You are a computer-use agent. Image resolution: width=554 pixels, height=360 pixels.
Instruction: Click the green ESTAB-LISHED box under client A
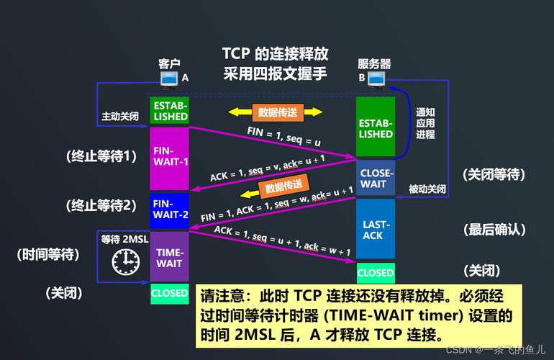(x=170, y=111)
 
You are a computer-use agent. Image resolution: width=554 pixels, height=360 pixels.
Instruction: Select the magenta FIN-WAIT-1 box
(x=170, y=157)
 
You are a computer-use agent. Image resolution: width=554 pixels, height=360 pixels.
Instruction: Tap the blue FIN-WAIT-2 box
(x=170, y=210)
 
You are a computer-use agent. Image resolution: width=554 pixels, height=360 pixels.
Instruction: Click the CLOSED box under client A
(x=170, y=294)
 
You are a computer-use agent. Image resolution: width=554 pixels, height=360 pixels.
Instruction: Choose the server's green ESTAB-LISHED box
(x=376, y=128)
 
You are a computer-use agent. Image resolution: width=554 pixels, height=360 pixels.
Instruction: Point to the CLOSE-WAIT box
(x=376, y=178)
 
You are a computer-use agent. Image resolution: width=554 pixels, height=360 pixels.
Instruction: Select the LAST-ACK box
(x=376, y=230)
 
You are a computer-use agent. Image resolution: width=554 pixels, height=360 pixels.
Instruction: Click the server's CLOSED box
(x=376, y=273)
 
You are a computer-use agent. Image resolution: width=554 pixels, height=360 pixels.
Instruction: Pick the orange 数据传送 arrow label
(x=283, y=188)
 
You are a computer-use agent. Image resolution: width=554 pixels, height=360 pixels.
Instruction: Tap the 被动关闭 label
(x=427, y=189)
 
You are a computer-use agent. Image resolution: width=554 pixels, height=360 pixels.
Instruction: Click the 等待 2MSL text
(x=124, y=239)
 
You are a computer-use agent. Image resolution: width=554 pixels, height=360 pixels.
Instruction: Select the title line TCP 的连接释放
(x=275, y=54)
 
